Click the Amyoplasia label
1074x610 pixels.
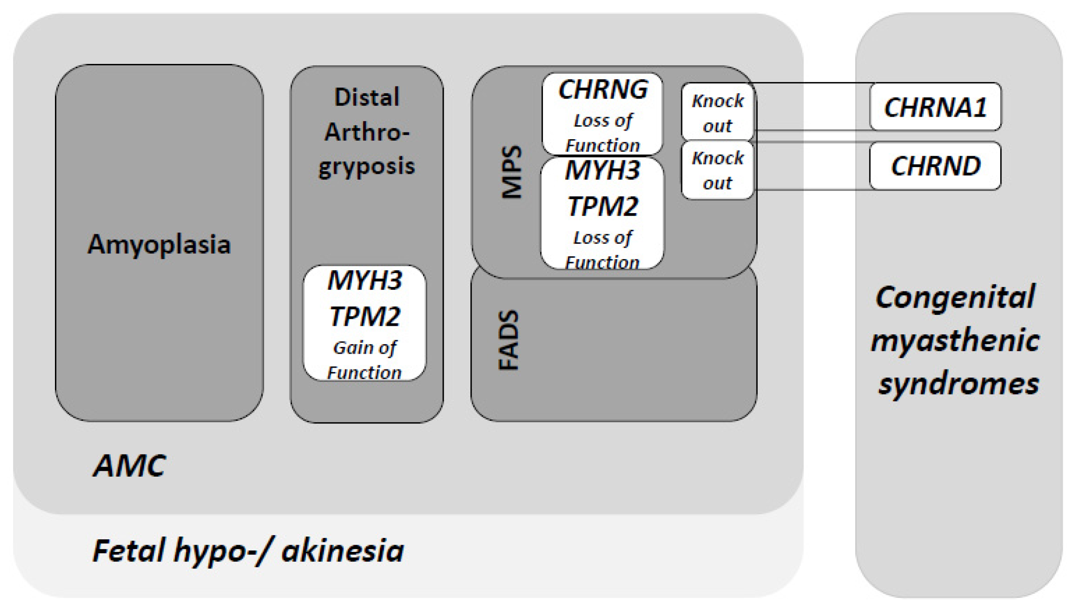click(x=159, y=245)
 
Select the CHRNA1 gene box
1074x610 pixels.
click(x=935, y=107)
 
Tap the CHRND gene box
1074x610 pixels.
click(x=935, y=166)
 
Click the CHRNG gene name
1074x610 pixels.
click(x=603, y=90)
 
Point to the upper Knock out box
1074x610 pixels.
click(x=717, y=113)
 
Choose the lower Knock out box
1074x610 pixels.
click(x=717, y=170)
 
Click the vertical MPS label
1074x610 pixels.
click(x=512, y=172)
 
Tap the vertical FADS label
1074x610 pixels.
click(x=509, y=340)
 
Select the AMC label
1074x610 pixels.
click(x=129, y=465)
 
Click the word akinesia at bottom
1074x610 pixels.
click(x=342, y=551)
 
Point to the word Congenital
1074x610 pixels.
click(x=955, y=297)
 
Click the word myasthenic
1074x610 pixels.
click(x=955, y=340)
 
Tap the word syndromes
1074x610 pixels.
click(x=959, y=384)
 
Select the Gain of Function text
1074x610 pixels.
click(x=364, y=360)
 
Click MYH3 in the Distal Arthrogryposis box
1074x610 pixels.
click(x=364, y=281)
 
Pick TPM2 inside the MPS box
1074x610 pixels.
click(x=602, y=207)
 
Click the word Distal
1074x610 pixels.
click(x=367, y=97)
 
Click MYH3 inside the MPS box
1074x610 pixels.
click(x=602, y=171)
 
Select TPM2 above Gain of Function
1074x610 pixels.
click(x=364, y=316)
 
